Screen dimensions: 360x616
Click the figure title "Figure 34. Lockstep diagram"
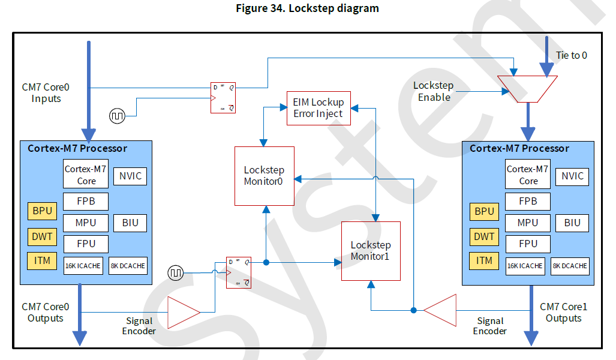(x=308, y=8)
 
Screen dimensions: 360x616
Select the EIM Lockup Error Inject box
(x=318, y=108)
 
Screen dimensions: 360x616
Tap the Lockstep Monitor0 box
(x=264, y=176)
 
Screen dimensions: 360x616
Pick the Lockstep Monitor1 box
(x=371, y=250)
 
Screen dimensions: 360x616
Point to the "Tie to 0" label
(x=570, y=55)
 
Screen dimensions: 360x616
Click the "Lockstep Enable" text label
(x=434, y=91)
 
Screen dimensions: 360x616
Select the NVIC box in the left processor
(x=130, y=176)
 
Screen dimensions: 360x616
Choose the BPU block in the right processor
(x=484, y=211)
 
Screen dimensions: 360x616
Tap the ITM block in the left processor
(x=41, y=260)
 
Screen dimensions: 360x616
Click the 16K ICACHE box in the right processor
(x=525, y=266)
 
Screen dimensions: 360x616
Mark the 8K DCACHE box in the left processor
(x=128, y=266)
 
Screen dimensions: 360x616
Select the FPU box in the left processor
(x=86, y=244)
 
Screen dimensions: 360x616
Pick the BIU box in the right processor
(x=572, y=223)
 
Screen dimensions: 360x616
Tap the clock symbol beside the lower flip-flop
(x=176, y=273)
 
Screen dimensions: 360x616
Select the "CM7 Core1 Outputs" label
(x=563, y=312)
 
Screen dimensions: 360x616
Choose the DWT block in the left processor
(x=41, y=236)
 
